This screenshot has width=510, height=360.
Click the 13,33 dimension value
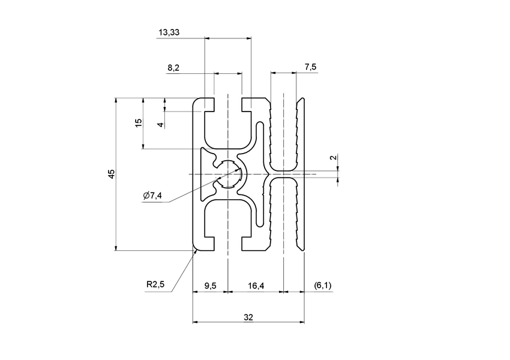tap(167, 32)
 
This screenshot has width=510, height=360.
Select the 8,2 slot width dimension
tap(173, 68)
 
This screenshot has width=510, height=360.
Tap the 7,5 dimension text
tap(310, 67)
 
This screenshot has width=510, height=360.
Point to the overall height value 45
tap(111, 174)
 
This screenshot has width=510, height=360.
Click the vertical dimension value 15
tap(139, 122)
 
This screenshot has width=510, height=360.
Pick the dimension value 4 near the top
tap(160, 125)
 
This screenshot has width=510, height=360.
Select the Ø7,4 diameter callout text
tap(153, 196)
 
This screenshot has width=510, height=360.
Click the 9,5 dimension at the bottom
tap(210, 286)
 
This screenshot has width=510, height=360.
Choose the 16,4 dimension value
tap(256, 286)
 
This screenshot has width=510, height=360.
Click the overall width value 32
tap(248, 316)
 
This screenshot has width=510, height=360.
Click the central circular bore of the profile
tap(229, 174)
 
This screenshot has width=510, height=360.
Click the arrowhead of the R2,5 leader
tap(196, 252)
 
